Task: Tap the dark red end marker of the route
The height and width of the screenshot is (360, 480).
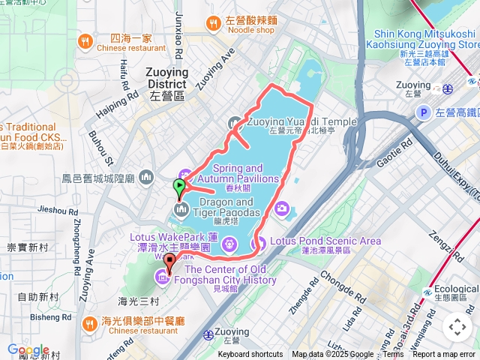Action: [169, 262]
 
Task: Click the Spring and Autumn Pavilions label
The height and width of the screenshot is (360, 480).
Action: [248, 173]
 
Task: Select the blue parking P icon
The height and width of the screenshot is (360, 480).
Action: [422, 112]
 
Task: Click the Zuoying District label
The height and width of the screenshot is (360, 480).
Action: [166, 78]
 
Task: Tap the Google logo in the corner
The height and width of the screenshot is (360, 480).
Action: [28, 350]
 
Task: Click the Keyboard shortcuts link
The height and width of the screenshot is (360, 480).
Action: [250, 354]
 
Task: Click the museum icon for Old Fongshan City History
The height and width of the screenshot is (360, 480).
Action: [162, 280]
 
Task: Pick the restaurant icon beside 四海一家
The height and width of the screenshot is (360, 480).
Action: [88, 41]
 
